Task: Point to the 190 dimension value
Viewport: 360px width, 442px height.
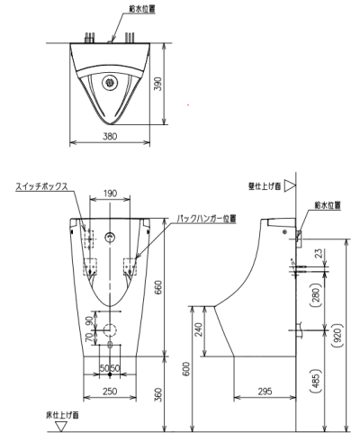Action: click(x=110, y=193)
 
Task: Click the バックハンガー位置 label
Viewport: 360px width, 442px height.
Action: click(x=206, y=218)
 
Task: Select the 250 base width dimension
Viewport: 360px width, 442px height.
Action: click(x=109, y=392)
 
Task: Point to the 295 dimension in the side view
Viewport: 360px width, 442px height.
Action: click(x=265, y=392)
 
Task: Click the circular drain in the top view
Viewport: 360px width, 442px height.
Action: click(x=110, y=80)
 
